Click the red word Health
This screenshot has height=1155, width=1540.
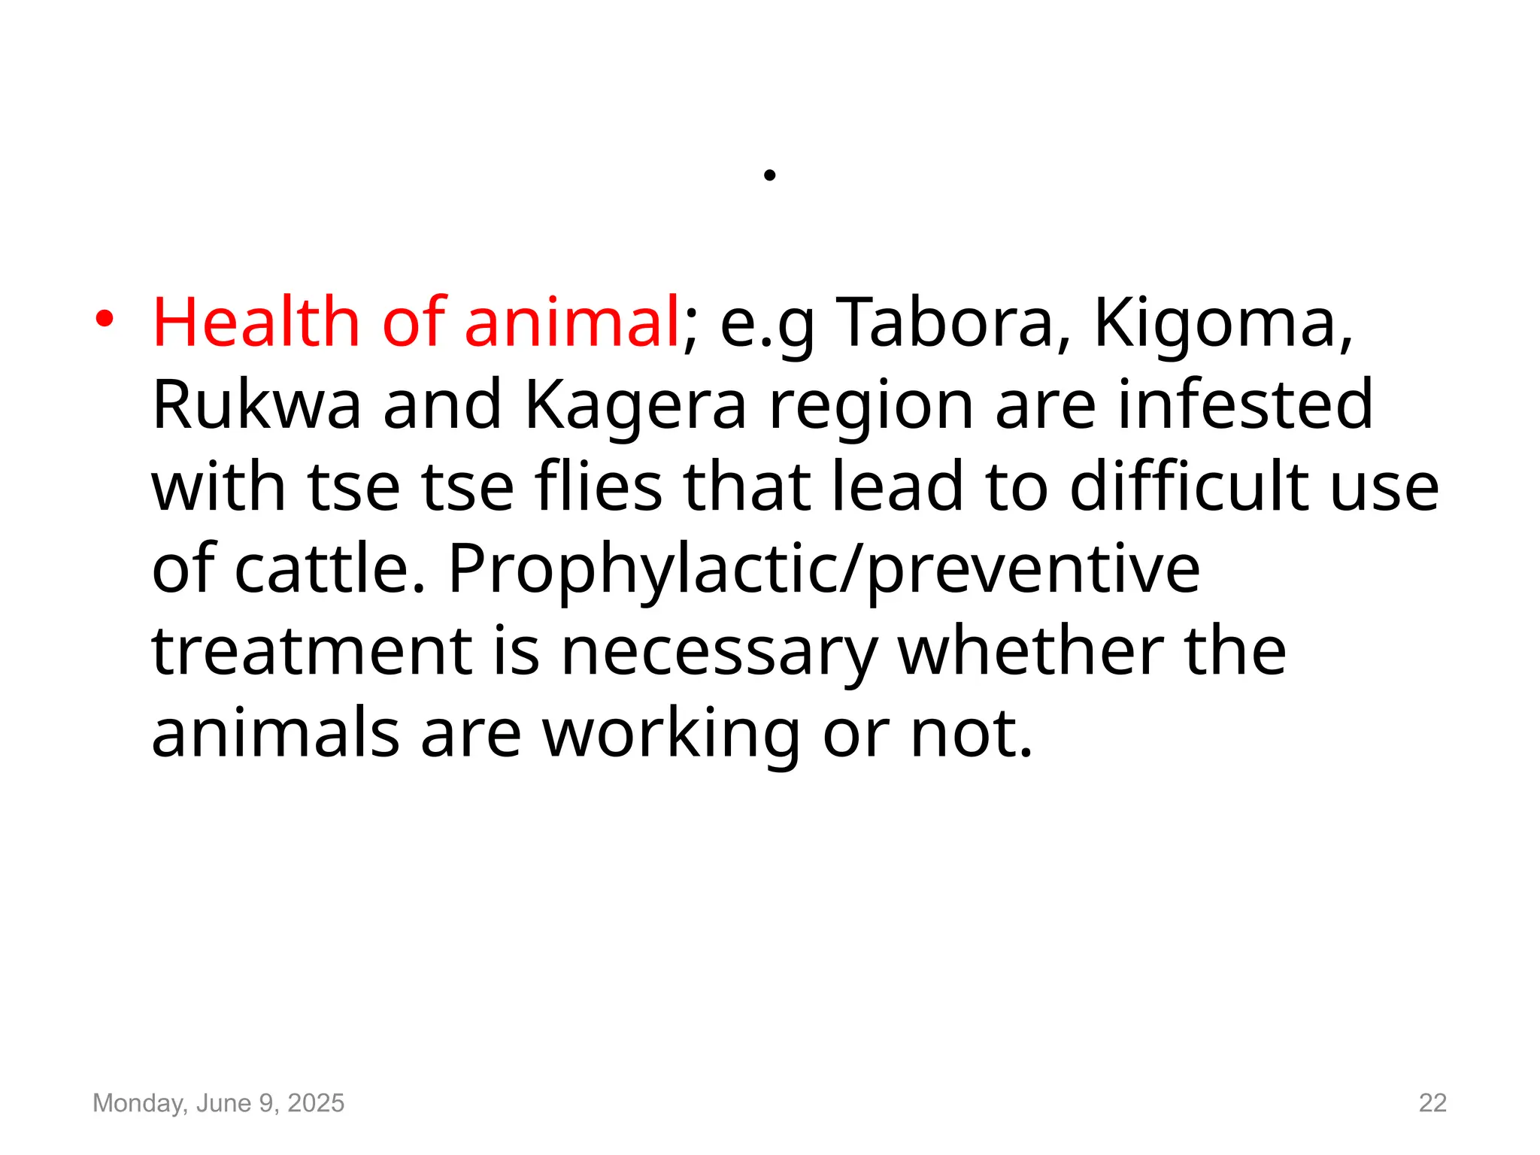[x=256, y=323]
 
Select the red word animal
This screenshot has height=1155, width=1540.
[x=572, y=323]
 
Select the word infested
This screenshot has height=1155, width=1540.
[x=1245, y=405]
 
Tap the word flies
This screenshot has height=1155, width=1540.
[x=599, y=487]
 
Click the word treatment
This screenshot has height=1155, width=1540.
[x=311, y=651]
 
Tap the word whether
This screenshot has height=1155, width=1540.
[x=1030, y=651]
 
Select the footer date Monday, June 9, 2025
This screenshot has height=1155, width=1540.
[x=218, y=1102]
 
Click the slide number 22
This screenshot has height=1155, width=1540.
[x=1432, y=1102]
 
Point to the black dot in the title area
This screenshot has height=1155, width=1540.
[x=769, y=175]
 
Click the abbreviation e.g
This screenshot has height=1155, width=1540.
[x=767, y=324]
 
